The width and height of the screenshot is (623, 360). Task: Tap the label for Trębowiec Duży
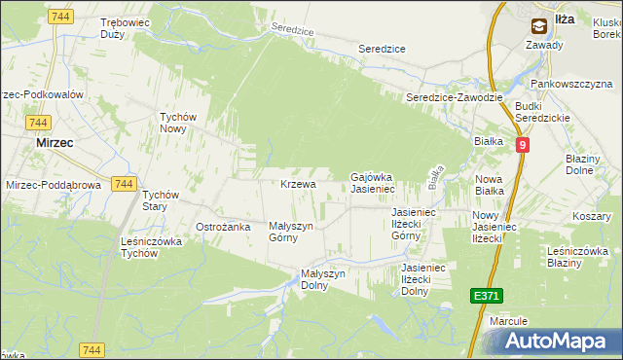124,26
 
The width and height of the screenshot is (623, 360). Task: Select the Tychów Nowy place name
178,124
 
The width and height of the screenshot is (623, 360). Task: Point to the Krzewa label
298,184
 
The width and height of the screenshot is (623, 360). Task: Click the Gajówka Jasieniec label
371,183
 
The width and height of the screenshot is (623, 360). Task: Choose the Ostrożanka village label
224,227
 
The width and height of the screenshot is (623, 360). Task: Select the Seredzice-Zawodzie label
454,98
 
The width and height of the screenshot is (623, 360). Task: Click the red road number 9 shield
523,145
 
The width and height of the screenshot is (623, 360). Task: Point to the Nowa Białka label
489,185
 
